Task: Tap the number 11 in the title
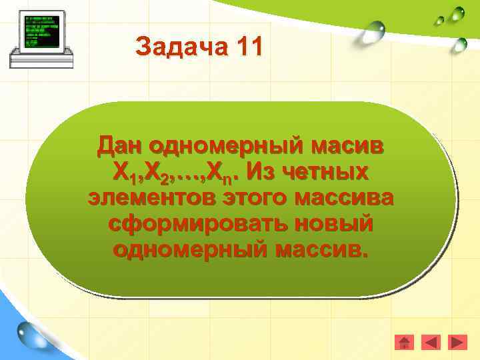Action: tap(248, 47)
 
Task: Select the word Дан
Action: tap(121, 145)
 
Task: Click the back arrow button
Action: tap(431, 342)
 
